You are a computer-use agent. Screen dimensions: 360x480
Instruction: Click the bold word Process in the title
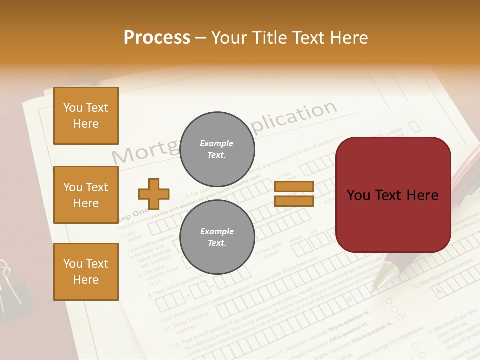tap(157, 38)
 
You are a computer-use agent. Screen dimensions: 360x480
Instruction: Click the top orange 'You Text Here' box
tap(86, 116)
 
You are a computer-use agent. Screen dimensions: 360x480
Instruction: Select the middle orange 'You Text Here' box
tap(86, 195)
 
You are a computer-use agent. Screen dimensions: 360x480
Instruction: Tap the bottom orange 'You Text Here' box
tap(86, 272)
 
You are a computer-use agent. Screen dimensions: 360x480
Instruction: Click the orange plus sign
tap(154, 194)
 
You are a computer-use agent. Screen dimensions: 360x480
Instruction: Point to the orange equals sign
tap(294, 194)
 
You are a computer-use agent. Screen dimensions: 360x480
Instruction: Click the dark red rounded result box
tap(393, 195)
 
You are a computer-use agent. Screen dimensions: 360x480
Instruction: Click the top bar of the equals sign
tap(294, 187)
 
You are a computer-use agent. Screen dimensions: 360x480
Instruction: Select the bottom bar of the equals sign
tap(294, 201)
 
